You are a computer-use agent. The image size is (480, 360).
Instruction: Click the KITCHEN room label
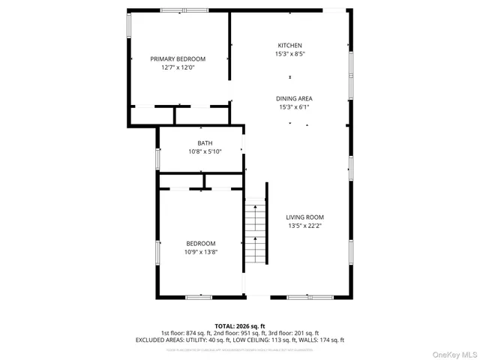pos(290,46)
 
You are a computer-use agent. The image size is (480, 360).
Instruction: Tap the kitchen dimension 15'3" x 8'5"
pos(290,54)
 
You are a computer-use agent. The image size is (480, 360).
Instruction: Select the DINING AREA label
pos(294,99)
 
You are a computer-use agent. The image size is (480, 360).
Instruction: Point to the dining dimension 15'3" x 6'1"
pos(294,107)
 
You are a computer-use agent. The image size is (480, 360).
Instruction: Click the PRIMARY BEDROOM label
pos(178,59)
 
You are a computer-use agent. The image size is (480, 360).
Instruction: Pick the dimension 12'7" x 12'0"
pos(178,67)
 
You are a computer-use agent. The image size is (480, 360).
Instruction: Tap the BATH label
pos(205,143)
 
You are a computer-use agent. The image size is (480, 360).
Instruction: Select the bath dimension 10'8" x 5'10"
pos(205,151)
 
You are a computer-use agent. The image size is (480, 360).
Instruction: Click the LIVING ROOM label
pos(304,217)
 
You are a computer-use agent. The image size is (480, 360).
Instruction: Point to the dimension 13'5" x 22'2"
pos(304,226)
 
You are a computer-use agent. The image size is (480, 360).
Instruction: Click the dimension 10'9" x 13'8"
pos(201,252)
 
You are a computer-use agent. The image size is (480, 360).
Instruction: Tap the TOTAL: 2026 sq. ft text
pos(240,326)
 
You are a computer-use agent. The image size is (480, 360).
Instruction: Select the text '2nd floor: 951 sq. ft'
pos(240,333)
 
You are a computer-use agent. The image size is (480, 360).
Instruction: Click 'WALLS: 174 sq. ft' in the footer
pos(319,340)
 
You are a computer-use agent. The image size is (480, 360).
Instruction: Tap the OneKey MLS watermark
pos(453,351)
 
